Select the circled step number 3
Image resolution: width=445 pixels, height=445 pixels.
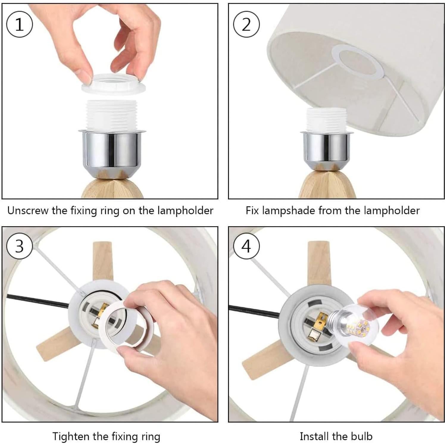(x=19, y=246)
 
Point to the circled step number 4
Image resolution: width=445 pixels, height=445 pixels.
(x=246, y=246)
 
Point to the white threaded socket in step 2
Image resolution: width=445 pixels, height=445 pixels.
(x=326, y=120)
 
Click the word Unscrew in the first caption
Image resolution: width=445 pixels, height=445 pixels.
(x=28, y=210)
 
